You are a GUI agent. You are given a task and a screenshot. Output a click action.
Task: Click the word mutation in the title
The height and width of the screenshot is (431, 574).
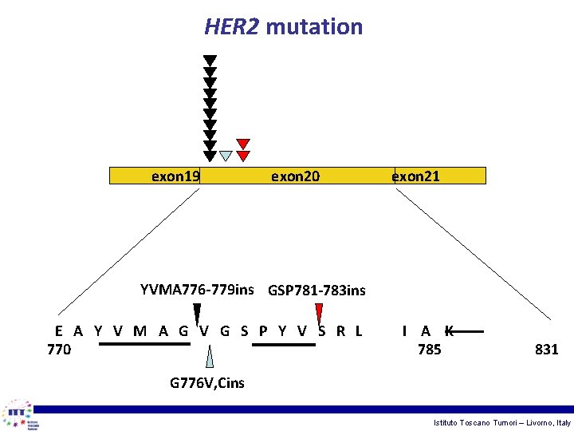(313, 26)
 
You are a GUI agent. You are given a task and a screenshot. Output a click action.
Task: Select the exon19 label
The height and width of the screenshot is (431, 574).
(175, 176)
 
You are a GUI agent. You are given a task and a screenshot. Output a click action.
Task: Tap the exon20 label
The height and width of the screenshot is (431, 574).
(295, 176)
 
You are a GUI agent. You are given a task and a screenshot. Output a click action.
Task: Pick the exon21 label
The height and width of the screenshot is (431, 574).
(415, 176)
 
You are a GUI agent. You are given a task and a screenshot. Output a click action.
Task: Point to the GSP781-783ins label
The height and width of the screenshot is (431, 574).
(316, 291)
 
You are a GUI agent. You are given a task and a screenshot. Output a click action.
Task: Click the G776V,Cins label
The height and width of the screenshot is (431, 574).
(207, 383)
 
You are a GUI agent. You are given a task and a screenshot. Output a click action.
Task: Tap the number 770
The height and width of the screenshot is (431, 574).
(59, 350)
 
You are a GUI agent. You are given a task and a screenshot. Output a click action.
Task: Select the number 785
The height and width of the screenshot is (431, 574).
(429, 350)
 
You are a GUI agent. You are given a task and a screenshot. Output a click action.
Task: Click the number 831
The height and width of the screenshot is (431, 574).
(547, 350)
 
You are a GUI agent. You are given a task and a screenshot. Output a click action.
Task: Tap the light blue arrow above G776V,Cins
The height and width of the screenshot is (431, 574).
(209, 357)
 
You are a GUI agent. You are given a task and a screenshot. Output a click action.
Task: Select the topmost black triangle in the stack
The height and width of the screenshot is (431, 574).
(210, 61)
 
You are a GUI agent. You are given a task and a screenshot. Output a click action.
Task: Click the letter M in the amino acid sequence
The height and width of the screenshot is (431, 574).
(140, 331)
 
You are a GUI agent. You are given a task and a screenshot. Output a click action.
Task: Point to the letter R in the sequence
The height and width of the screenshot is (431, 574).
(340, 331)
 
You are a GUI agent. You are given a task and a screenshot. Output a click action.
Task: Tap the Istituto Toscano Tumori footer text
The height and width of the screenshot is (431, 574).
(501, 421)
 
